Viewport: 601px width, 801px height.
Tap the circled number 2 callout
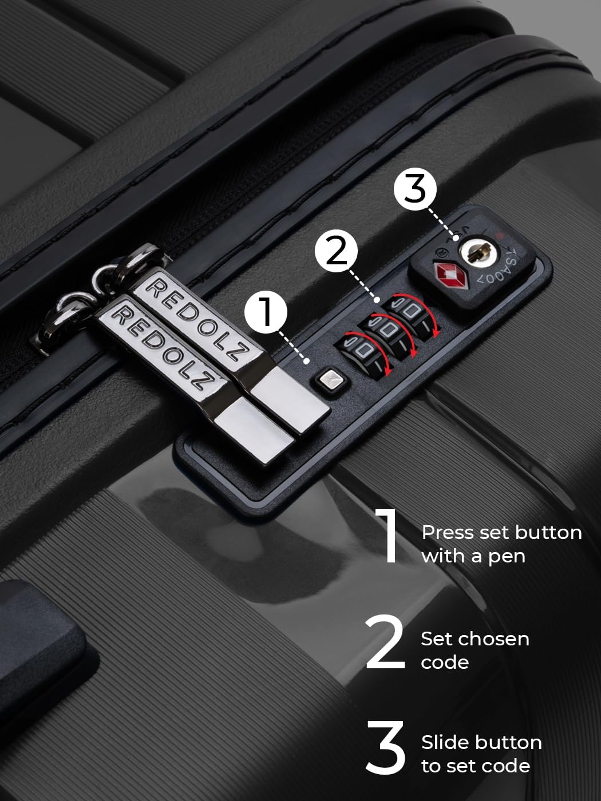[336, 251]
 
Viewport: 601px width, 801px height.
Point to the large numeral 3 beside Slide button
[385, 747]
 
